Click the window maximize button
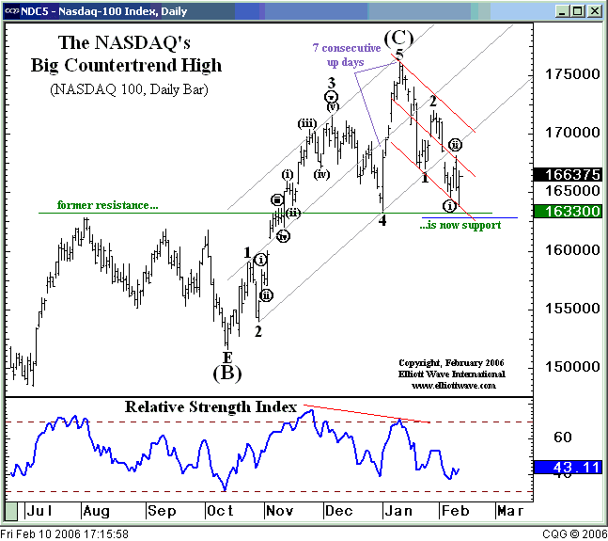point(580,10)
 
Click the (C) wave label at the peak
point(398,39)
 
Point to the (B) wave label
point(226,373)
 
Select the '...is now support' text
point(460,225)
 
